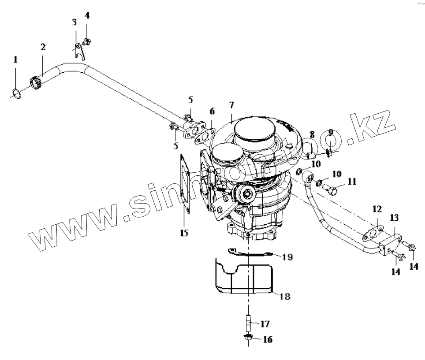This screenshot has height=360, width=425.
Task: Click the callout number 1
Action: point(15,59)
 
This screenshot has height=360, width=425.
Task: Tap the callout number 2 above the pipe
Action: point(43,47)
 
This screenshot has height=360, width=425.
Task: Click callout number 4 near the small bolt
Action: point(87,16)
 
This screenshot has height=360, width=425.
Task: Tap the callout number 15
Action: point(184,232)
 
